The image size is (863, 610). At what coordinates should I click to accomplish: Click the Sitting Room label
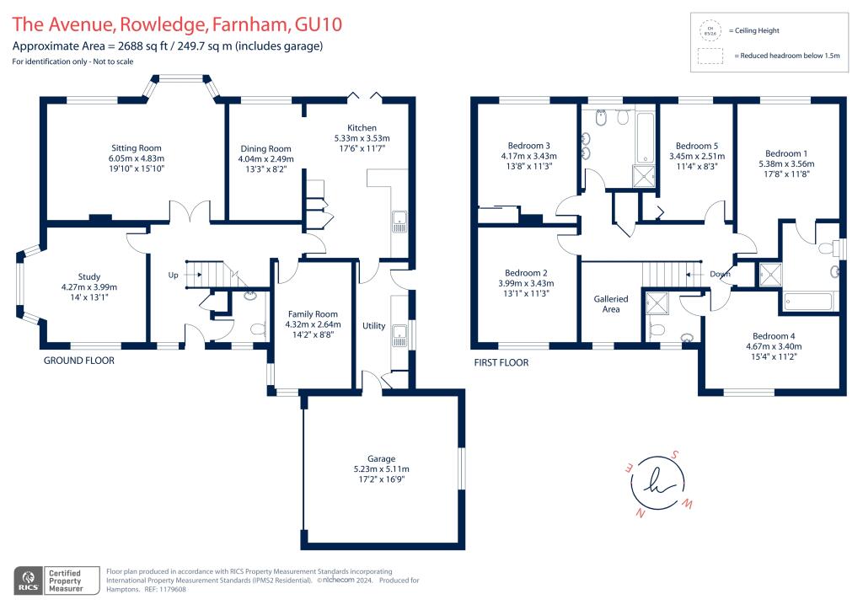136,148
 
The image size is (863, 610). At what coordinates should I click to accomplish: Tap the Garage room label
381,458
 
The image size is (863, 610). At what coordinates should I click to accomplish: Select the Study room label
89,276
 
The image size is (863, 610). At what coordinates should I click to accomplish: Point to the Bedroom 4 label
773,335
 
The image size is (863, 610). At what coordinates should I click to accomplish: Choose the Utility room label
373,325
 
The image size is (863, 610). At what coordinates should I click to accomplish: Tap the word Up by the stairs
174,275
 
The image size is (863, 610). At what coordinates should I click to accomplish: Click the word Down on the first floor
721,274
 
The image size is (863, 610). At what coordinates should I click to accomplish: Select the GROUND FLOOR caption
79,361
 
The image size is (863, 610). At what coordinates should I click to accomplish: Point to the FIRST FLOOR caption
501,363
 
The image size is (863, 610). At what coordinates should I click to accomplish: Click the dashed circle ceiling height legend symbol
710,30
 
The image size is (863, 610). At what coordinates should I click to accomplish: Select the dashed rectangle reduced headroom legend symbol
710,56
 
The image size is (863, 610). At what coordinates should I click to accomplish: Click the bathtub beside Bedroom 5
644,136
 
